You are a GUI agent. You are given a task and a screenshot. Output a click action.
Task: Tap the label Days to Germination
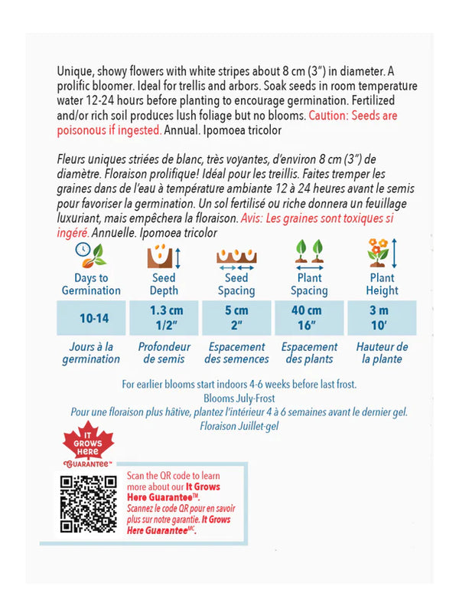91,284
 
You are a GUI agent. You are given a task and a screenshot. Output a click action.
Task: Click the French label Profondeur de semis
164,353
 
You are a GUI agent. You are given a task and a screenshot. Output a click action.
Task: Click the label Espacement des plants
310,353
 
